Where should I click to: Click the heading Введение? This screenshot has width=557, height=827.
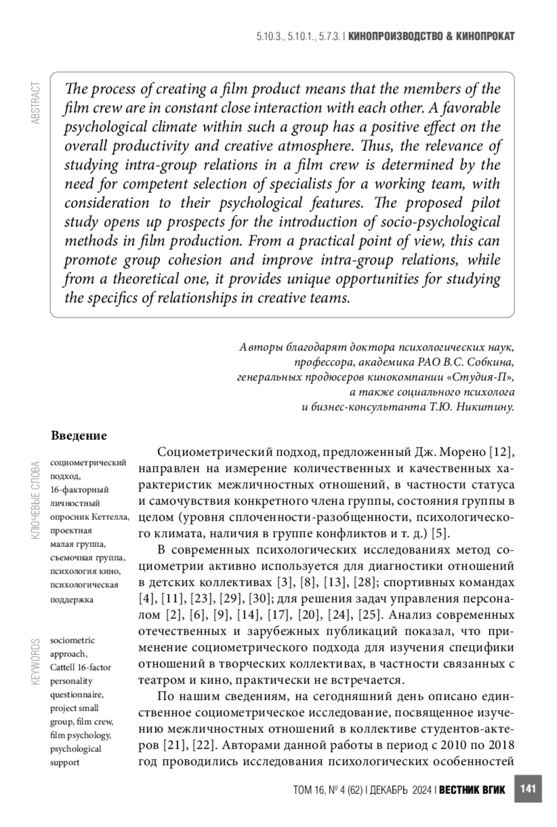point(78,435)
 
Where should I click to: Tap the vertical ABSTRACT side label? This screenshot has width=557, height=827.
point(35,103)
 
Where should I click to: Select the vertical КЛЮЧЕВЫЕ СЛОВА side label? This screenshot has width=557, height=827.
point(35,500)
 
